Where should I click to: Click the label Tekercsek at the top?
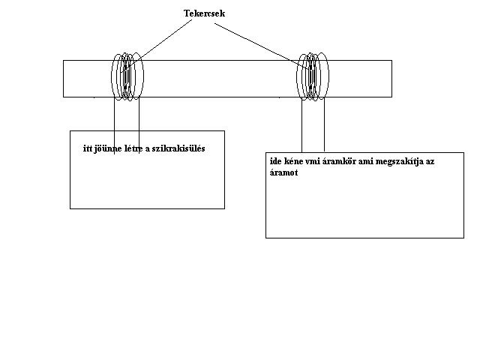tap(205, 13)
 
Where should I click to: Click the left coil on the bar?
tap(127, 76)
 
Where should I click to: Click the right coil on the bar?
tap(313, 76)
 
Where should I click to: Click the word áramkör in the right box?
tap(346, 161)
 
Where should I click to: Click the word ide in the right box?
tap(275, 161)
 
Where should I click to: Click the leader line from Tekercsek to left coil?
tap(165, 42)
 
